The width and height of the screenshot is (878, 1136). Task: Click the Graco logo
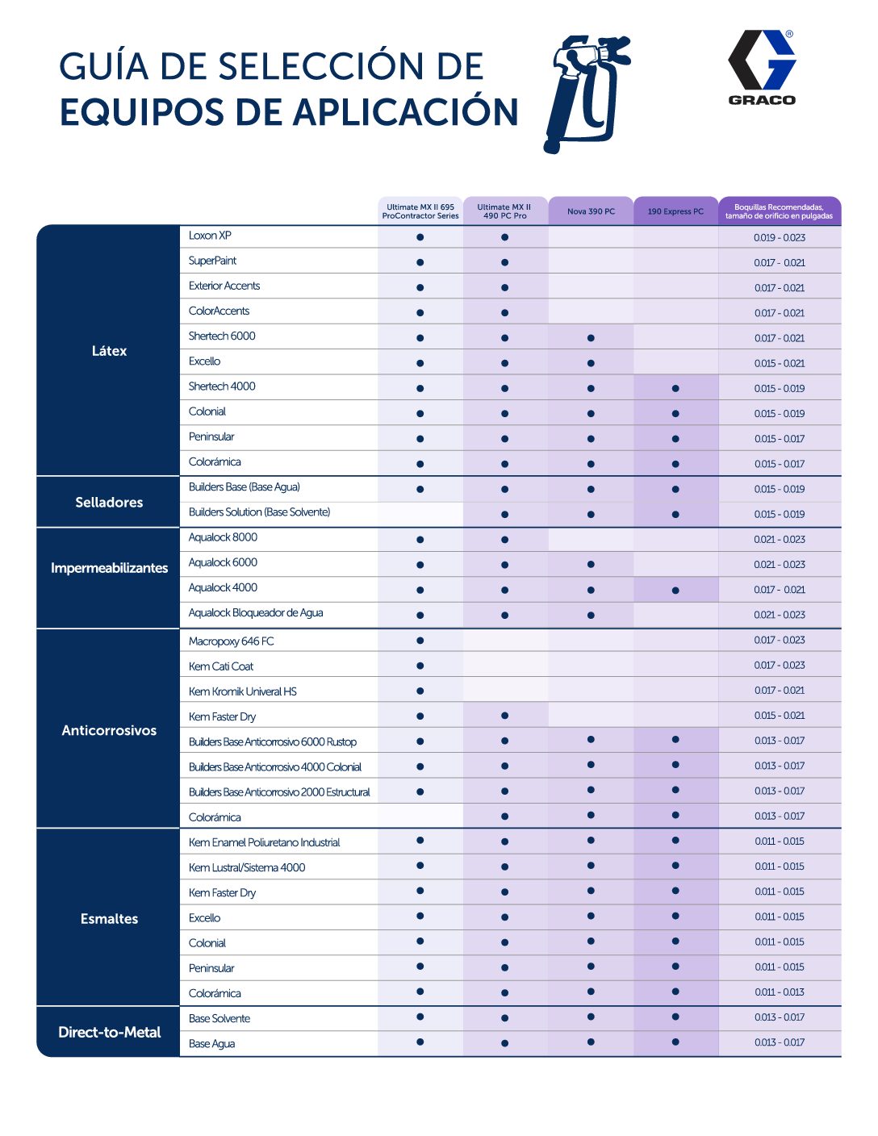(762, 68)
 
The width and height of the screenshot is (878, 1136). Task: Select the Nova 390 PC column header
(591, 211)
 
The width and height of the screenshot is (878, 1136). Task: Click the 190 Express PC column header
(675, 211)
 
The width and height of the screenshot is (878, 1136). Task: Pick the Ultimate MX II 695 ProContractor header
(420, 211)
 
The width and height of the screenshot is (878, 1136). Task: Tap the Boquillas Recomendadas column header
(779, 211)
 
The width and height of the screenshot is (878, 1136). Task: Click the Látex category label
(109, 351)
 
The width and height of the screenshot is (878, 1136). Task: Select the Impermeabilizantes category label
(109, 568)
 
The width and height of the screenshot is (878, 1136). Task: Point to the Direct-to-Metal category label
(109, 1032)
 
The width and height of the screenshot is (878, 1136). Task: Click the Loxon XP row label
(210, 236)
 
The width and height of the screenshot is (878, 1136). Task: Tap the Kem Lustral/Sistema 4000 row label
(247, 867)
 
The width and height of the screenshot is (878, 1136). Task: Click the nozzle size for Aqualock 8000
(780, 539)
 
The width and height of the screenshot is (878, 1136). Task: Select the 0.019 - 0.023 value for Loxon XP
(780, 237)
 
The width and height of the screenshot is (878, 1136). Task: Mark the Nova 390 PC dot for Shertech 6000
(591, 338)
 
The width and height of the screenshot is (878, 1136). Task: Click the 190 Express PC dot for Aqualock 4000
(675, 590)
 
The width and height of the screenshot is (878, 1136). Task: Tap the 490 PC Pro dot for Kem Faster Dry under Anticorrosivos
(504, 716)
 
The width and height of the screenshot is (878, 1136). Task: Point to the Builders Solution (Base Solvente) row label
(259, 512)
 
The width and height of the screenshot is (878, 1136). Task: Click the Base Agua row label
(211, 1044)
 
